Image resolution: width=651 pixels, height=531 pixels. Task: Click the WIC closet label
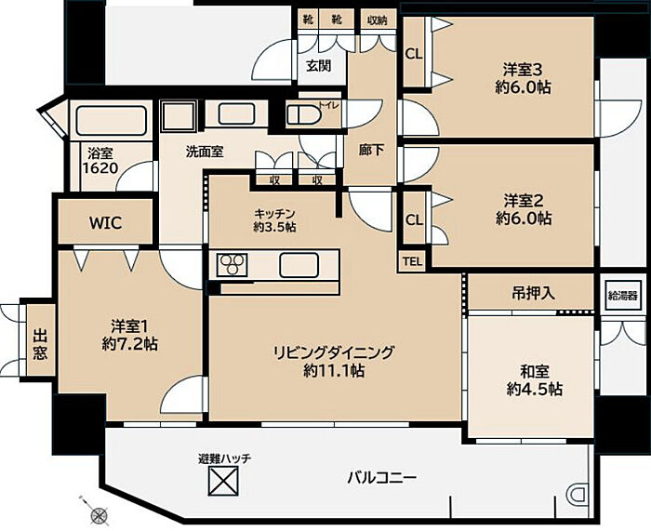106,223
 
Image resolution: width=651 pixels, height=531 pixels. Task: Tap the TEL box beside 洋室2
412,261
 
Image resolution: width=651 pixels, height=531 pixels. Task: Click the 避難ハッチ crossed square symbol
223,481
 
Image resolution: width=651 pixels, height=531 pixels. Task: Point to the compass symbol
99,515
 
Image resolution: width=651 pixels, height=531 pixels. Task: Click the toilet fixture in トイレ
302,114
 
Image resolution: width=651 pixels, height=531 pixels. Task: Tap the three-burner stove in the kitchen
232,264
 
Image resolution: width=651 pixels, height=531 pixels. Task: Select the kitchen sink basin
299,265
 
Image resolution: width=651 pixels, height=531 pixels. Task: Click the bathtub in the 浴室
112,121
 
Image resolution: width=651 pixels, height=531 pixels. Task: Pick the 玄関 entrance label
318,66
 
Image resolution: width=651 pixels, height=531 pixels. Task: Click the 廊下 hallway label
371,150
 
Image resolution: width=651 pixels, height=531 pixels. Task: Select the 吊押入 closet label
533,294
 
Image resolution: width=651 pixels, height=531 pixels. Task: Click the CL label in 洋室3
414,54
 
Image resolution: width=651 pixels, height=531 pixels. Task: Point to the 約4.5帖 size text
535,389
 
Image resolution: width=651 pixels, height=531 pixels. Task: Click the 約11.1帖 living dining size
334,370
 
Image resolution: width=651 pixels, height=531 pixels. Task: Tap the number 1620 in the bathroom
100,168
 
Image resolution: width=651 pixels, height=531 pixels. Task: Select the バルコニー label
382,478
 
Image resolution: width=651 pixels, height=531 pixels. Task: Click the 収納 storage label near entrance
377,20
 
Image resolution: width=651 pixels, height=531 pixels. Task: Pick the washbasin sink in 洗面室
236,113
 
